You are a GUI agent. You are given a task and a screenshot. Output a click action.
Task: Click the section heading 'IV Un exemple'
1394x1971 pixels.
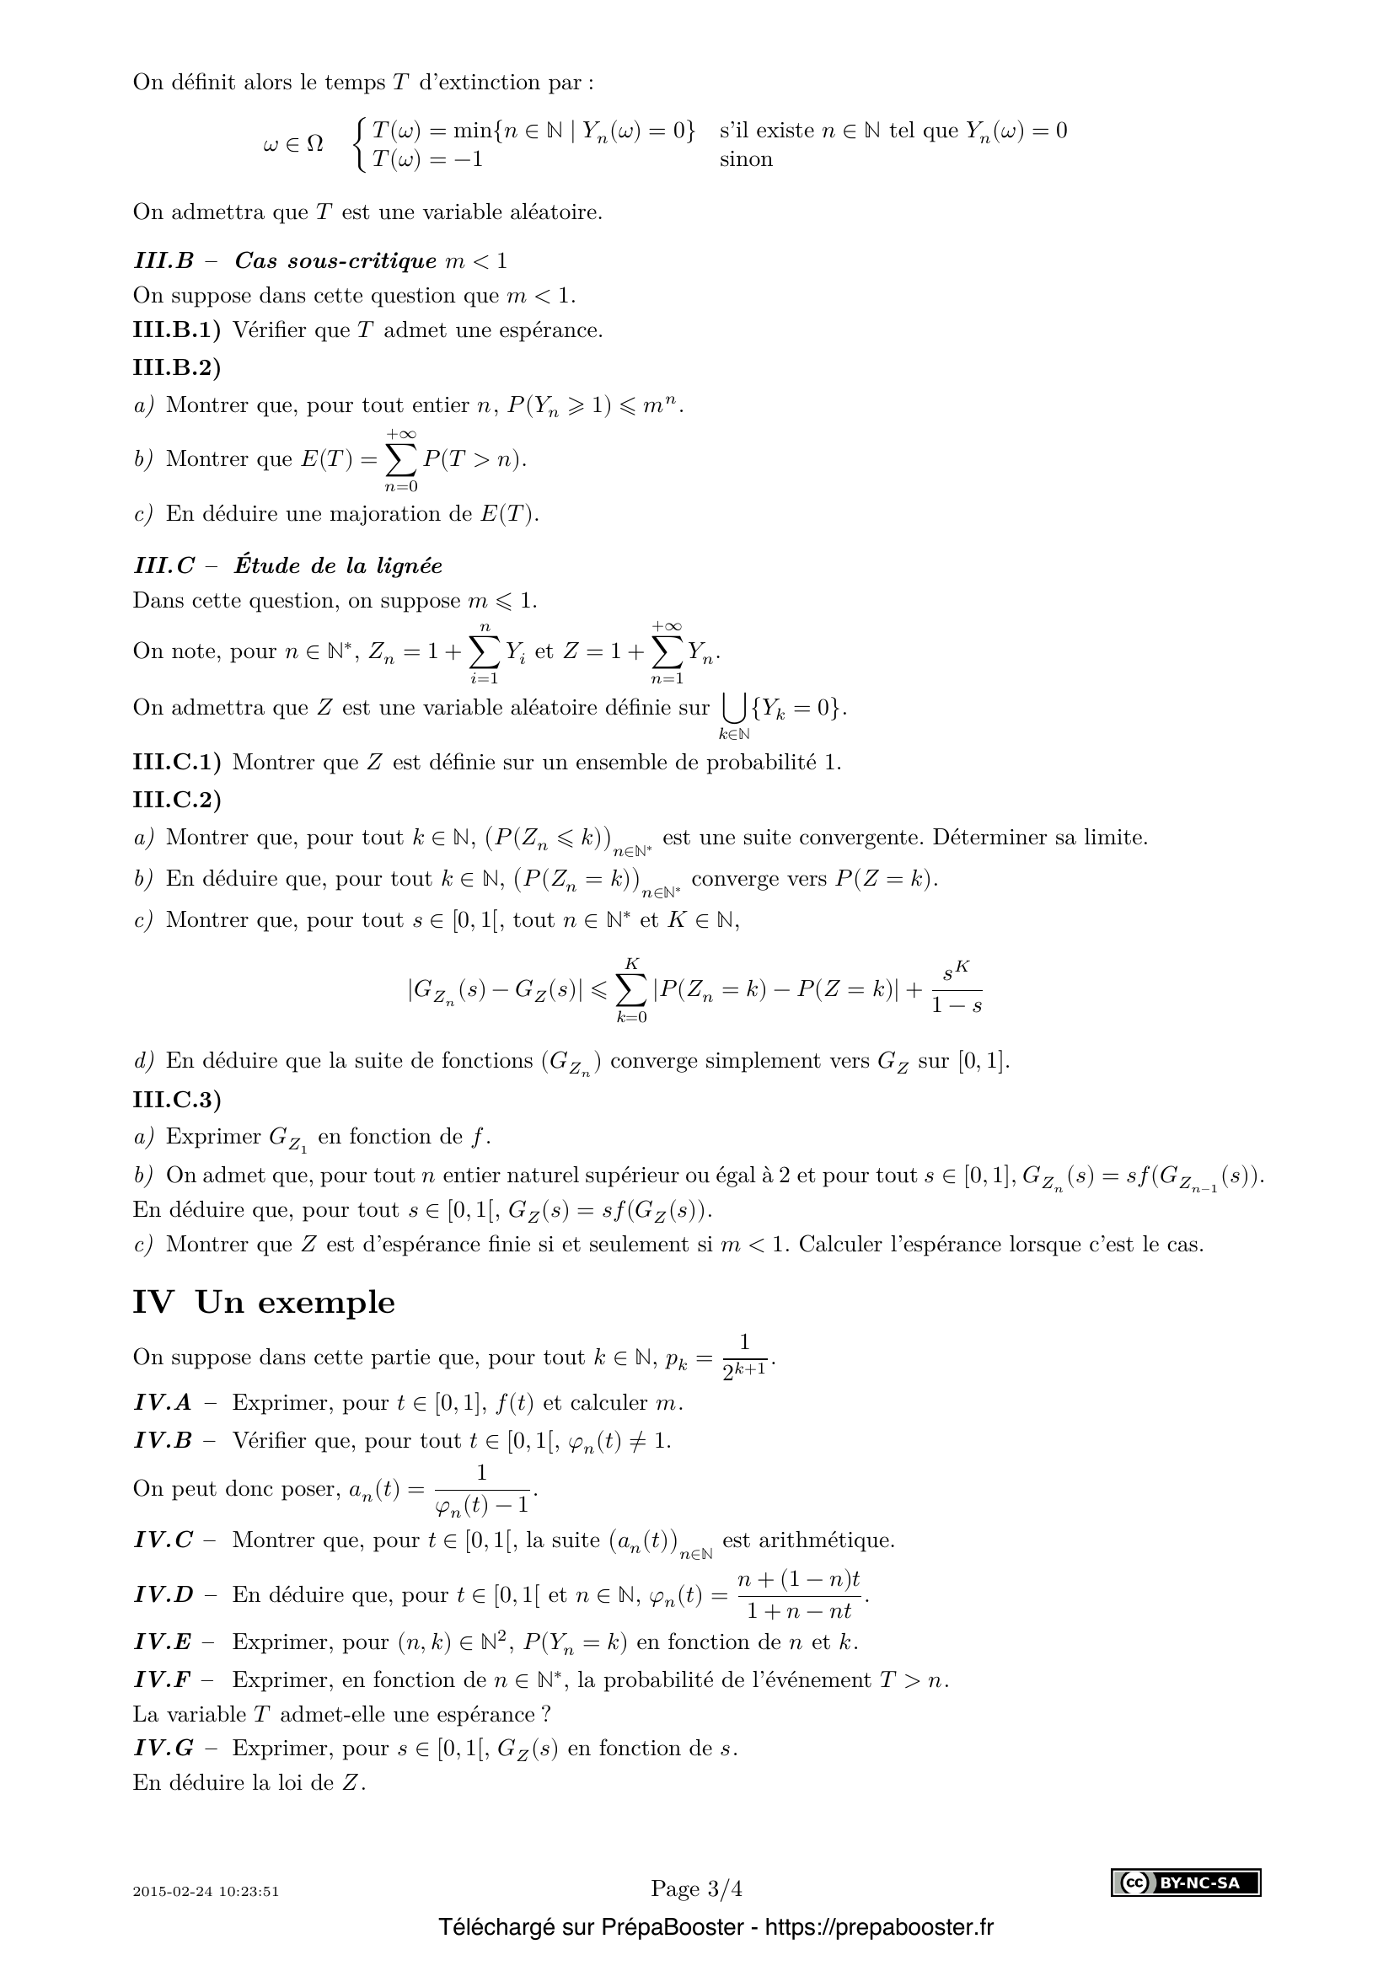pos(264,1302)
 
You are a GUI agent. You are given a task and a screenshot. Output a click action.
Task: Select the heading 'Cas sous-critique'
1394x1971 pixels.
pos(335,261)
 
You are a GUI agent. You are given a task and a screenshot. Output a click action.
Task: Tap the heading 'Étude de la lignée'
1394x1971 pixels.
pos(338,565)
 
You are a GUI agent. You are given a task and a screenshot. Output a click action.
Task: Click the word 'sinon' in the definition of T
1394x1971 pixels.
pos(746,159)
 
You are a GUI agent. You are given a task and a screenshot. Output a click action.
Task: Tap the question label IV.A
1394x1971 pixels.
pos(164,1403)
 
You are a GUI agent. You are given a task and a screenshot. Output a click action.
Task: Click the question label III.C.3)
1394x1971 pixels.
pos(176,1100)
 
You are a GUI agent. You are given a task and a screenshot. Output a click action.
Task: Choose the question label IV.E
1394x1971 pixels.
pos(162,1642)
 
